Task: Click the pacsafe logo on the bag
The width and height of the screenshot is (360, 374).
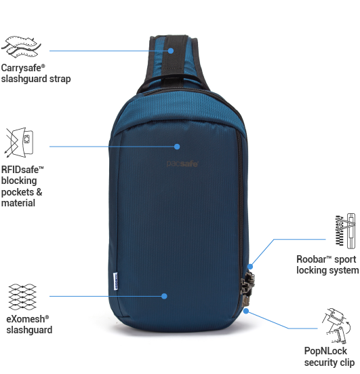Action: click(x=182, y=164)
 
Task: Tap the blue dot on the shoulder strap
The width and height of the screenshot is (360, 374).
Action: click(x=171, y=51)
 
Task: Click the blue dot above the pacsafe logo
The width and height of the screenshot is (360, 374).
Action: click(x=177, y=147)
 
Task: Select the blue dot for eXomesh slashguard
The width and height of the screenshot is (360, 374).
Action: click(x=164, y=296)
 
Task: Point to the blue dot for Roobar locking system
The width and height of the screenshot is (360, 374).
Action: click(x=250, y=267)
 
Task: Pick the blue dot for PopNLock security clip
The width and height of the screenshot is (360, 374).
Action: click(x=246, y=311)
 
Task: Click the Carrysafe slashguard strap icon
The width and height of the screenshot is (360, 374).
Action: click(x=21, y=47)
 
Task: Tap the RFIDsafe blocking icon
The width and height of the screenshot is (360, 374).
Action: click(x=19, y=143)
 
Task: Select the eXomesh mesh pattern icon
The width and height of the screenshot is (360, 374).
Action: click(x=22, y=297)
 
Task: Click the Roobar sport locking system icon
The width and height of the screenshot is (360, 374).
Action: click(x=346, y=231)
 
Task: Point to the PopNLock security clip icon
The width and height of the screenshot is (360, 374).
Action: click(x=336, y=326)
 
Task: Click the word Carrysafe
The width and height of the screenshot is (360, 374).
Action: click(x=21, y=69)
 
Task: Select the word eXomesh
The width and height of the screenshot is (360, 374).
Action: click(x=26, y=319)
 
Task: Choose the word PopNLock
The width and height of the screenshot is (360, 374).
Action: click(x=325, y=351)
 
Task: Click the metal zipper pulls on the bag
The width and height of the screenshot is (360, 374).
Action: click(x=247, y=288)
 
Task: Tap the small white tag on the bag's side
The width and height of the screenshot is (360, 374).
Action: click(x=115, y=281)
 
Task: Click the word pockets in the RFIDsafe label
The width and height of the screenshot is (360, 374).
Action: click(x=18, y=192)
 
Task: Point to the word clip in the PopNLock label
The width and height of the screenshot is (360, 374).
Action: click(x=347, y=362)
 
